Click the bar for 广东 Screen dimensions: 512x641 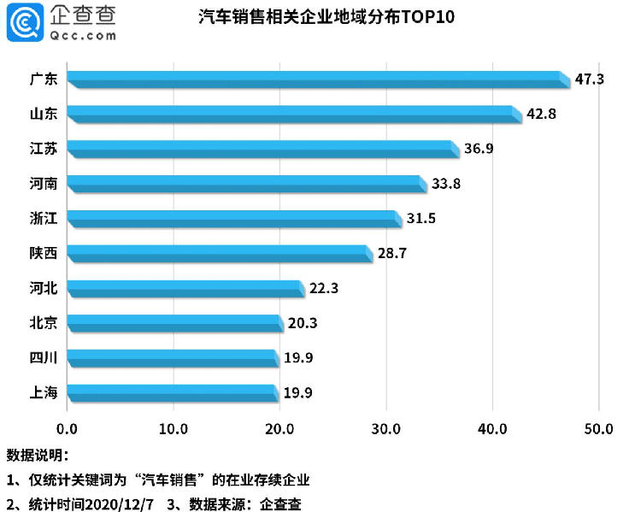click(x=316, y=79)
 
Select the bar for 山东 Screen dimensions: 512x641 click(x=292, y=115)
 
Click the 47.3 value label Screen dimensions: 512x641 click(x=590, y=79)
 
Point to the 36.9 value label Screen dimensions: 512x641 click(x=479, y=149)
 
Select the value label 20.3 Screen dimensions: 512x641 click(x=302, y=323)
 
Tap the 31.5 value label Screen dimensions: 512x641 click(x=421, y=219)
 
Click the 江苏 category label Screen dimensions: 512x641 click(x=43, y=149)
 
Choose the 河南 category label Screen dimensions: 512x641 click(x=43, y=184)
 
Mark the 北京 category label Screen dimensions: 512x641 click(x=43, y=323)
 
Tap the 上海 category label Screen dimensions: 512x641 click(x=43, y=392)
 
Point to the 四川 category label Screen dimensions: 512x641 click(x=43, y=357)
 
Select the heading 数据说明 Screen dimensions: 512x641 click(x=36, y=454)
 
